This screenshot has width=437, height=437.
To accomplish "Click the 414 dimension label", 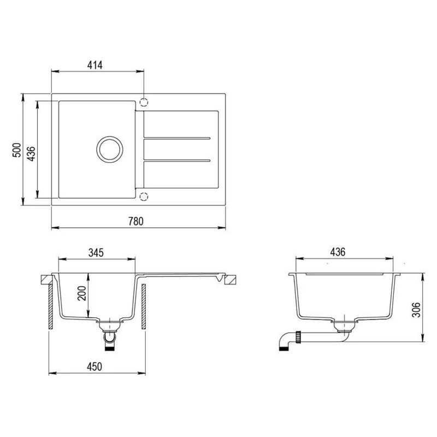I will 95,65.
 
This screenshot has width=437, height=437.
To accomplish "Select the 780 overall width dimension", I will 135,221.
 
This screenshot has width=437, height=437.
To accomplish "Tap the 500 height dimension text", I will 17,150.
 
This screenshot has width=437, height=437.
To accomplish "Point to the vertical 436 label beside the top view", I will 32,150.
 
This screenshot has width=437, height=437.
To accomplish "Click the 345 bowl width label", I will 96,253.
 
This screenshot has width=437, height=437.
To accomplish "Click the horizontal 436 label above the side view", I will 338,252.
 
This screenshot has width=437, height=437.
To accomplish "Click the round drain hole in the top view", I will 109,149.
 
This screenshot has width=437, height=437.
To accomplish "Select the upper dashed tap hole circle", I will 144,102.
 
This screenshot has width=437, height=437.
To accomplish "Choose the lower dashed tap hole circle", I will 144,196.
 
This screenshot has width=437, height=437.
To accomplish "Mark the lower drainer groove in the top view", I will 176,161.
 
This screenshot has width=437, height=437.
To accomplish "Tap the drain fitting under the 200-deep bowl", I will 109,330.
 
